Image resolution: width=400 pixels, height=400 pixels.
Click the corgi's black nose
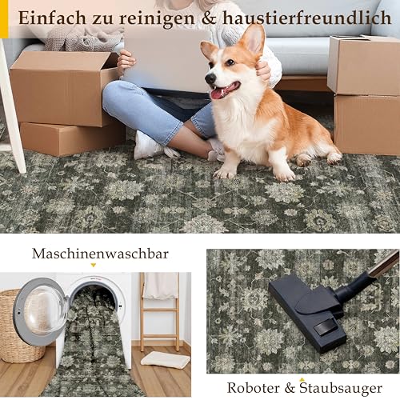(210, 78)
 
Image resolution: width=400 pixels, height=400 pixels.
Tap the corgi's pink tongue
(219, 94)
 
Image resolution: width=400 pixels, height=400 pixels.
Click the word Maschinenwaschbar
(100, 254)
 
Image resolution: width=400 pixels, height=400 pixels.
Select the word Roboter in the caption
(254, 388)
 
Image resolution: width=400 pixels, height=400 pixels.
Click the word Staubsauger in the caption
(341, 388)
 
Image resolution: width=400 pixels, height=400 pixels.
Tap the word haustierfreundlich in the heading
(307, 18)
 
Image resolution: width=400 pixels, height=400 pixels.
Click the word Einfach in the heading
(52, 18)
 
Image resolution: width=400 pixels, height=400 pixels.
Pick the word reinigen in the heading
(157, 18)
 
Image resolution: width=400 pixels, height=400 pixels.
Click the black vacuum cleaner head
(306, 314)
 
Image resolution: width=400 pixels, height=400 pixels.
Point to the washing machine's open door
(40, 311)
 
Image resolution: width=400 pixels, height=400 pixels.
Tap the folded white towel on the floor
(166, 359)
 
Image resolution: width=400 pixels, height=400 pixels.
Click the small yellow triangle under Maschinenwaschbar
(93, 265)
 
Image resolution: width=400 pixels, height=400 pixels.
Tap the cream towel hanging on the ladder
(161, 286)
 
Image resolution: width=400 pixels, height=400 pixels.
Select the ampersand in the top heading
(209, 18)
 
